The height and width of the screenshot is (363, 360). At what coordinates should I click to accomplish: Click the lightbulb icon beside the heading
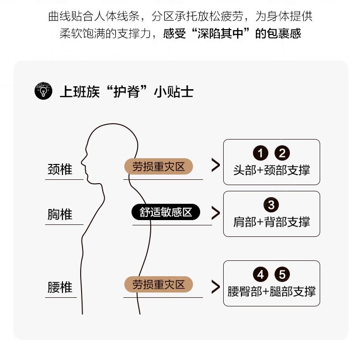pos(43,91)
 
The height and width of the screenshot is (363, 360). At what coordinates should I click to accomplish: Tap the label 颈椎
pos(60,169)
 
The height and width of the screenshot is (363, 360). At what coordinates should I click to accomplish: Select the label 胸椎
pos(60,214)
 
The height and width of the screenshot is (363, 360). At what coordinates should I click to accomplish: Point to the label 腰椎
pos(60,287)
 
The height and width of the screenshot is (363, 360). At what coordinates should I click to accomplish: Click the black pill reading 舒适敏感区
pos(166,212)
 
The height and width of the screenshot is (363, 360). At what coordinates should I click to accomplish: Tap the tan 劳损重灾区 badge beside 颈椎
pos(159,166)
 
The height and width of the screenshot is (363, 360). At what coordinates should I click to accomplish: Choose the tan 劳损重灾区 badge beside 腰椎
pos(159,284)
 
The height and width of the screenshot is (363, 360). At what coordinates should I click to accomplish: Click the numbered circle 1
pos(261,153)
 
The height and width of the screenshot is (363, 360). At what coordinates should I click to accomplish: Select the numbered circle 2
pos(282,153)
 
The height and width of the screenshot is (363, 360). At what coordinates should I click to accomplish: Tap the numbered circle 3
pos(271,205)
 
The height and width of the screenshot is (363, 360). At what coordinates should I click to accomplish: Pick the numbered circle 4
pos(261,274)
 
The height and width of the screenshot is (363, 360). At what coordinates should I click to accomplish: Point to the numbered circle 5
pos(282,274)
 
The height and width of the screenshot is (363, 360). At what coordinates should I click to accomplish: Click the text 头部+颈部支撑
pos(272,170)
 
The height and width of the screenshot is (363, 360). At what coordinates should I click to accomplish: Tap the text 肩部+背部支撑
pos(272,222)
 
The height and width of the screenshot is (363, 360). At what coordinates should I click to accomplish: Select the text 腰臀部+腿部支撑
pos(272,291)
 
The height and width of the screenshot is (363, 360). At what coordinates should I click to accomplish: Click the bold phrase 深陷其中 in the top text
pos(220,34)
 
